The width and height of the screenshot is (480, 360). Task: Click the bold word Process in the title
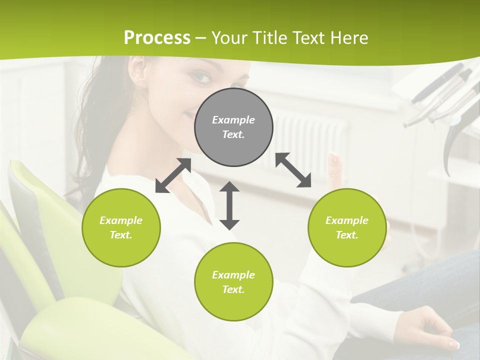[x=157, y=38]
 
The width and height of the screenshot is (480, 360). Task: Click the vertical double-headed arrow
[x=229, y=205]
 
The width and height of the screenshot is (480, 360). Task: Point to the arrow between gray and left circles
[x=173, y=175]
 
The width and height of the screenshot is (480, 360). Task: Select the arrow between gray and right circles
[x=293, y=170]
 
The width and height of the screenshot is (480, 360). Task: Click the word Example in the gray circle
[x=233, y=120]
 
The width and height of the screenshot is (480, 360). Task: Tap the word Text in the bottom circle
[x=232, y=289]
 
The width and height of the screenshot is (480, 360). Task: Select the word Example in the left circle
[x=121, y=220]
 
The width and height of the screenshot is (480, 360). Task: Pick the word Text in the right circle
[x=346, y=235]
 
